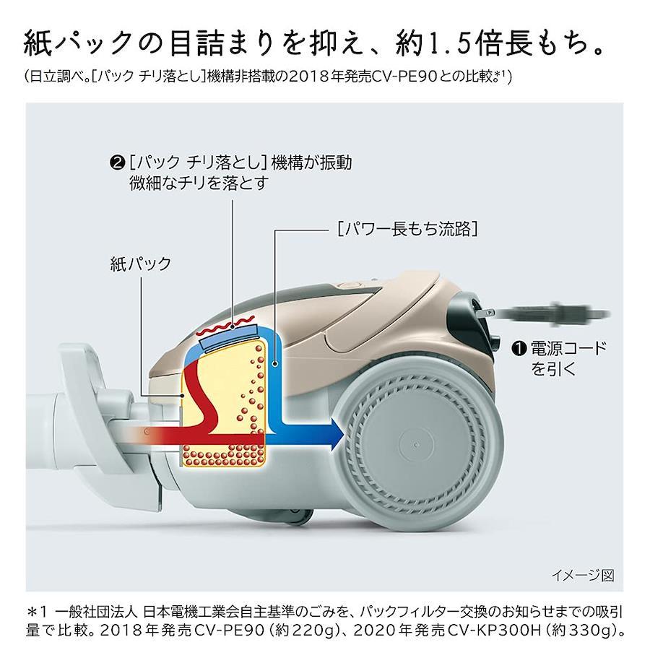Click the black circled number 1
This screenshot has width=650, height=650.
click(x=516, y=349)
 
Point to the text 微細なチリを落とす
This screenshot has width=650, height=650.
click(x=197, y=184)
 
